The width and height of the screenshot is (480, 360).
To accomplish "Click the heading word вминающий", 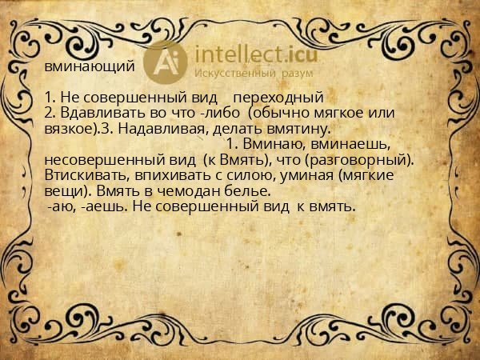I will coord(89,67).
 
